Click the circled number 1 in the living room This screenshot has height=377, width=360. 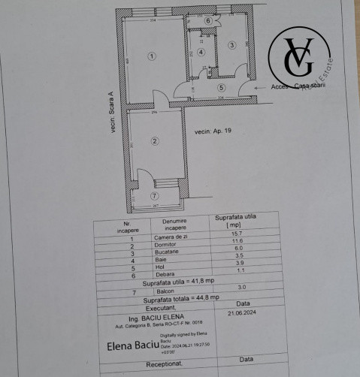pyautogui.click(x=152, y=56)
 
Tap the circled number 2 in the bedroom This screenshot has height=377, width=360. pyautogui.click(x=154, y=140)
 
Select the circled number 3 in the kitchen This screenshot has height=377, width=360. pyautogui.click(x=232, y=45)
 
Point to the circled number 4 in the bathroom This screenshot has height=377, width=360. pyautogui.click(x=201, y=52)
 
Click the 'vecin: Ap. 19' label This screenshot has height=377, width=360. pyautogui.click(x=213, y=131)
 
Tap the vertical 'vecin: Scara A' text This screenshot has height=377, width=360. pyautogui.click(x=110, y=112)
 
